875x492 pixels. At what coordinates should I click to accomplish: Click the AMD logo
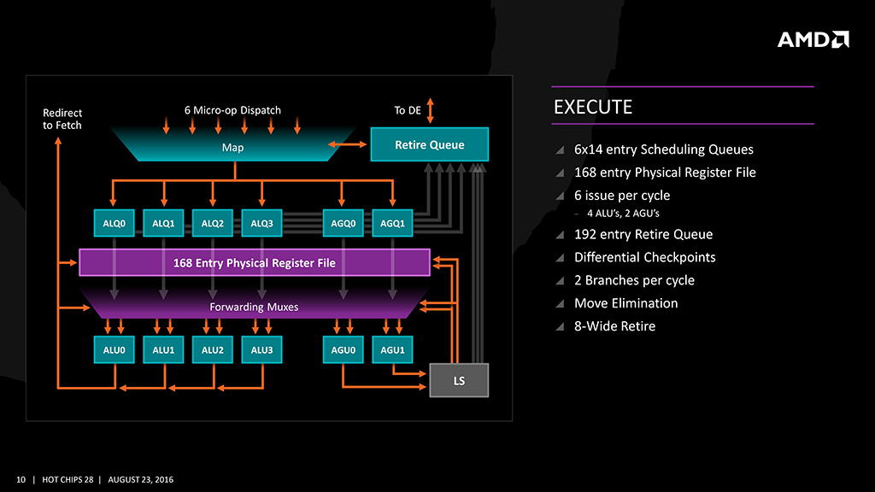pos(813,39)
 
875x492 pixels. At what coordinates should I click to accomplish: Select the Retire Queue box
pos(429,144)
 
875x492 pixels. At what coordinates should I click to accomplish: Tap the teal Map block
pos(232,148)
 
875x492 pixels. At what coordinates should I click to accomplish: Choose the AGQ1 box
pos(392,224)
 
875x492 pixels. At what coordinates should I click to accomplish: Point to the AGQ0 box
pos(343,224)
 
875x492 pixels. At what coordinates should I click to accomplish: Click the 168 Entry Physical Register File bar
pos(254,262)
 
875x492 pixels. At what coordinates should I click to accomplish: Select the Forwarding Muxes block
pos(254,306)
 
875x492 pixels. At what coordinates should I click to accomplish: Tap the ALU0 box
pos(114,349)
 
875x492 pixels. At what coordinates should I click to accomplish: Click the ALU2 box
pos(212,349)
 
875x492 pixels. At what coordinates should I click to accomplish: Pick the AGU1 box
pos(392,349)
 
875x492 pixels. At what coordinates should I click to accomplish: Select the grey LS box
pos(459,380)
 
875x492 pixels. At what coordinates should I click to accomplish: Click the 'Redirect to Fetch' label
pos(62,119)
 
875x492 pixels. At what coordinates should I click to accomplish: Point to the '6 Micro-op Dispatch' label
pos(232,110)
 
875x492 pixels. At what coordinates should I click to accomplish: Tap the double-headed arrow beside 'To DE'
pos(430,110)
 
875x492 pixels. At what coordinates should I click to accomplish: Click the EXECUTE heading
pos(593,107)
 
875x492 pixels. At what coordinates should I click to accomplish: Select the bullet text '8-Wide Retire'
pos(614,326)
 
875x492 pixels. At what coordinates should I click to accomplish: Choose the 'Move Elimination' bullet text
pos(625,303)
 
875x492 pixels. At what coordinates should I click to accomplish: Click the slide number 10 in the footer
pos(21,478)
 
